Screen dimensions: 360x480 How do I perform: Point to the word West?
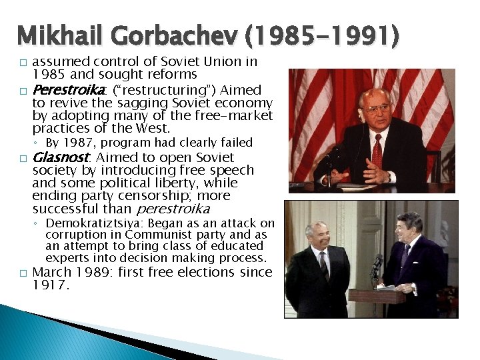[x=153, y=128]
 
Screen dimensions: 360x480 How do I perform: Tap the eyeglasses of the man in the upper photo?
[x=375, y=109]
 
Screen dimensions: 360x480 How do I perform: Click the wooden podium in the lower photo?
[x=377, y=297]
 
